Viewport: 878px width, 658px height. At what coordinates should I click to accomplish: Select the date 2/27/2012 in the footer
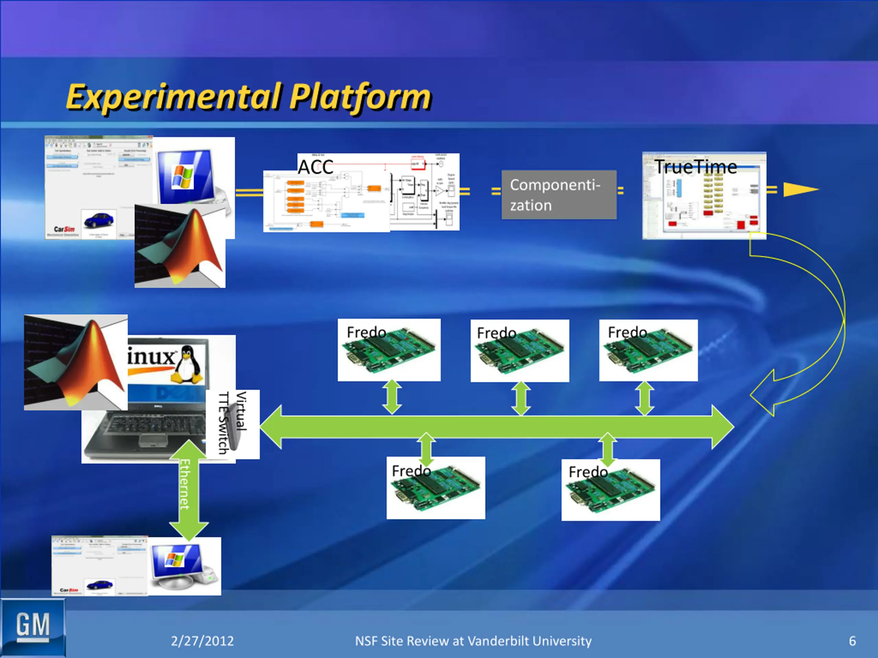pos(202,641)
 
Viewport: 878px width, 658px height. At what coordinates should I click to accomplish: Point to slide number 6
pos(852,641)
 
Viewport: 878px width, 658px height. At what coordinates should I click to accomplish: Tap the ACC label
pos(316,167)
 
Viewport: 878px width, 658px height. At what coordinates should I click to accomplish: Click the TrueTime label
pos(696,167)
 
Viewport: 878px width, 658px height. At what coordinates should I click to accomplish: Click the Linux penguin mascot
pos(187,364)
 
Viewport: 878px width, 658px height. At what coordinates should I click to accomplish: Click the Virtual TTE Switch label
pos(233,423)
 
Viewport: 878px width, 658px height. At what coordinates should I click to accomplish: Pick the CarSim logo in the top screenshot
pos(64,229)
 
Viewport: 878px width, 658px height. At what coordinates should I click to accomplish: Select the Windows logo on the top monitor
pos(182,176)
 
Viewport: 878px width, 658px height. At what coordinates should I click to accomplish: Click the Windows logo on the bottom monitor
pos(175,559)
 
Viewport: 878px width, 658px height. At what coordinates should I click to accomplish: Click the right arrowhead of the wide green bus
pos(722,427)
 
